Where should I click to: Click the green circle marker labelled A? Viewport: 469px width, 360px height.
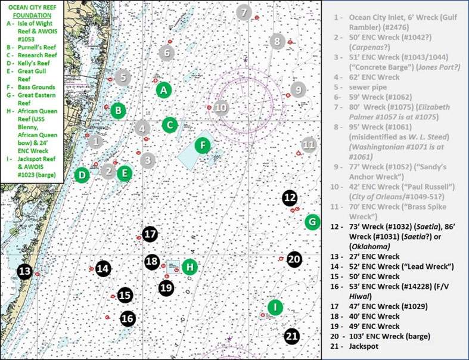tap(164, 90)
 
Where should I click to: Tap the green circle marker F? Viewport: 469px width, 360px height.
tap(203, 145)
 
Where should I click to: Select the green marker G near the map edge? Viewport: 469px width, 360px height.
tap(312, 222)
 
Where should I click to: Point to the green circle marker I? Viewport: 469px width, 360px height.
tap(275, 307)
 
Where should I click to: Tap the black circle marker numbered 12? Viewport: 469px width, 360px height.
tap(290, 197)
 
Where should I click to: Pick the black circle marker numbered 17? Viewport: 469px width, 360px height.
tap(150, 234)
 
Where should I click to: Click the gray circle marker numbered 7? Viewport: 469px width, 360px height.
tap(243, 11)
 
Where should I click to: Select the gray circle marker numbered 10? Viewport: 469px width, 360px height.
tap(221, 107)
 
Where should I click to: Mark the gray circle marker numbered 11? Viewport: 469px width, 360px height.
tap(308, 144)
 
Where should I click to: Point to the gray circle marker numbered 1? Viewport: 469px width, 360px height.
tap(95, 141)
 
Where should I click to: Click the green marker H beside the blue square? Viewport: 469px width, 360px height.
tap(190, 266)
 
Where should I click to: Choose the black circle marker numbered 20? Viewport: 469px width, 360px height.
tap(294, 259)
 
